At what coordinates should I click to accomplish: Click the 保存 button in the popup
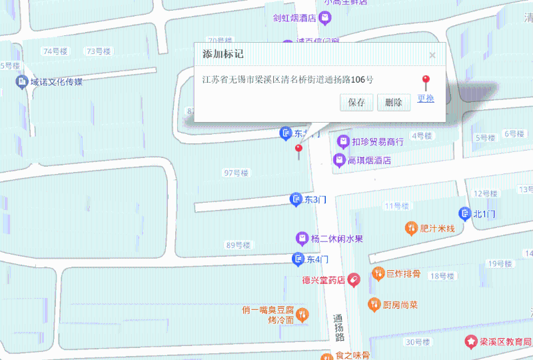[x=356, y=103]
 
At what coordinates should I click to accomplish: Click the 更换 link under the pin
[x=426, y=99]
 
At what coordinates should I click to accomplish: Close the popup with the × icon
[x=432, y=55]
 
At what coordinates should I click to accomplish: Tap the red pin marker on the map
[x=298, y=149]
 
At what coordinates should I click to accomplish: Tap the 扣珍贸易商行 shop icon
[x=343, y=141]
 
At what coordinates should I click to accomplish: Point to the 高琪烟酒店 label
[x=369, y=161]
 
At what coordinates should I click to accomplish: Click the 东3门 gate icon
[x=295, y=199]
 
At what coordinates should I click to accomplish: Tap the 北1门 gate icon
[x=464, y=213]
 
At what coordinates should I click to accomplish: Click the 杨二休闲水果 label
[x=337, y=239]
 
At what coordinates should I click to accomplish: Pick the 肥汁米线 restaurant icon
[x=411, y=228]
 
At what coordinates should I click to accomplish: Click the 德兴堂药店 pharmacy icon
[x=354, y=281]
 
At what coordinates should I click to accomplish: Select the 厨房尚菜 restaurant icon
[x=374, y=304]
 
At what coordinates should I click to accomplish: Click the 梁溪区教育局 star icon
[x=471, y=341]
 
